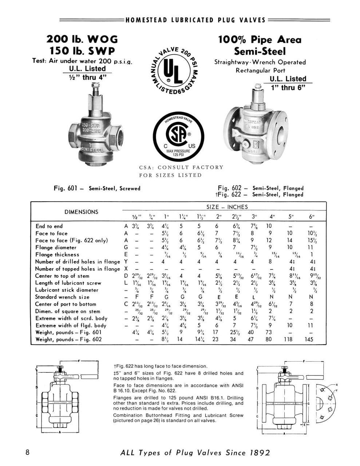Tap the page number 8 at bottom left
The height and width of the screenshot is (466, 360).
pyautogui.click(x=28, y=453)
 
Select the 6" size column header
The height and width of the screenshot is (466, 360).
pyautogui.click(x=311, y=216)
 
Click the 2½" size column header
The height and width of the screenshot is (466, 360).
pyautogui.click(x=235, y=216)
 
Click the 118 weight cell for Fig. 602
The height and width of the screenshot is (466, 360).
pyautogui.click(x=289, y=339)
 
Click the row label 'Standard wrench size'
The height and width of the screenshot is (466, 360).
pyautogui.click(x=62, y=297)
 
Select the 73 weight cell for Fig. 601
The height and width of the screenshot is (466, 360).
pyautogui.click(x=269, y=332)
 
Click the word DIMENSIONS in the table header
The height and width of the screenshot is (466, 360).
pyautogui.click(x=81, y=212)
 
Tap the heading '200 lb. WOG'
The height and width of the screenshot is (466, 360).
pyautogui.click(x=82, y=39)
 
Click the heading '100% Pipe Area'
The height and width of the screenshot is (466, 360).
pyautogui.click(x=260, y=39)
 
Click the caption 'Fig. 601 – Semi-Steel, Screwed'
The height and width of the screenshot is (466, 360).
pyautogui.click(x=97, y=189)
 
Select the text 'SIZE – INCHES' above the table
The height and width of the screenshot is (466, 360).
pyautogui.click(x=227, y=207)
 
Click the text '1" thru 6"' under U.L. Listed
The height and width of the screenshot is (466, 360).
pyautogui.click(x=286, y=87)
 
